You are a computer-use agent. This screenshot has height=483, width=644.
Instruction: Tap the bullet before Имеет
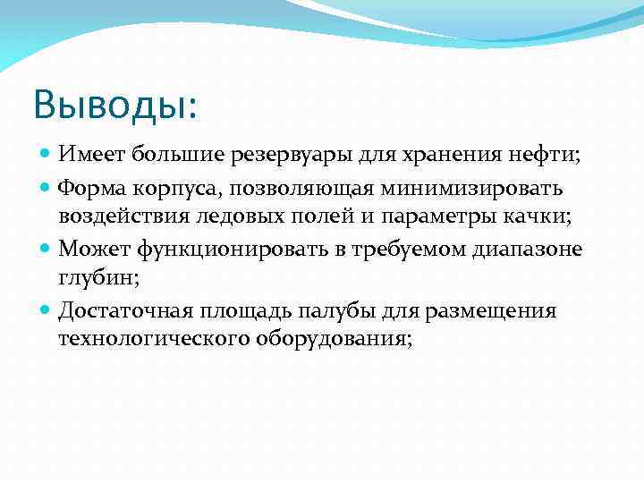(x=47, y=155)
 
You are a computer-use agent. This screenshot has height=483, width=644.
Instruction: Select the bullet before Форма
(x=47, y=188)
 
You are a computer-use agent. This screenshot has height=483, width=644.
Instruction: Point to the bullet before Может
(x=47, y=249)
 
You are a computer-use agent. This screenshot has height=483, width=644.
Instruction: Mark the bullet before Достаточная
(x=47, y=310)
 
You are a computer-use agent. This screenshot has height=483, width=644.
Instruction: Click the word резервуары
(x=314, y=156)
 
